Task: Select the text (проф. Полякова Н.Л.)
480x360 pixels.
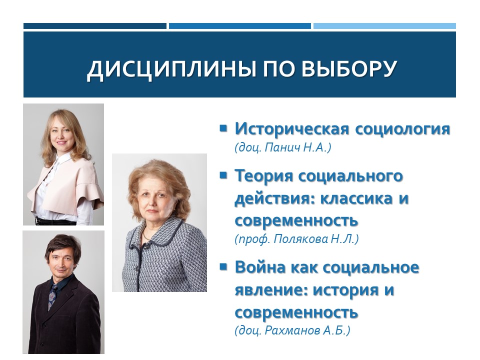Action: pos(297,239)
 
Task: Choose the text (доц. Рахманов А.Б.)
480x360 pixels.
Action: pos(292,331)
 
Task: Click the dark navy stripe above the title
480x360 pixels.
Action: pos(94,26)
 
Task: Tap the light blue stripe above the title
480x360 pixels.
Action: pos(384,26)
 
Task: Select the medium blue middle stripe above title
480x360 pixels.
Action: pos(239,26)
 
